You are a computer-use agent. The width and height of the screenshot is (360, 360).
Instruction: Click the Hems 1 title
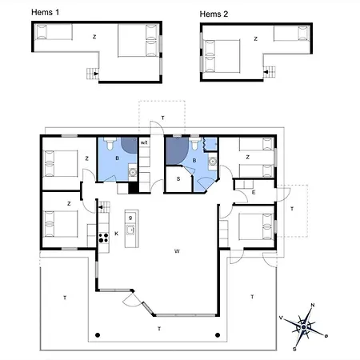tap(45, 12)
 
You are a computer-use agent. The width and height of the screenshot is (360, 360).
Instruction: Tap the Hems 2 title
tap(214, 14)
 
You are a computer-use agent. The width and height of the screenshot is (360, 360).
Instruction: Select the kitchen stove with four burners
tap(104, 238)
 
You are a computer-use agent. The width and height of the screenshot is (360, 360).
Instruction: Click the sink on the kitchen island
tap(130, 230)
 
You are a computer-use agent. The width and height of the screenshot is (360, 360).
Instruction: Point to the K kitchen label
tap(116, 234)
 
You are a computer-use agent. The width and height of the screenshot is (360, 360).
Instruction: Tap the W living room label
tap(177, 251)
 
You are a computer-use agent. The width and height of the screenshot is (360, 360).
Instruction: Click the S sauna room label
tap(178, 179)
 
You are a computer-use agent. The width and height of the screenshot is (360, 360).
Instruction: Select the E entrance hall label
tap(254, 192)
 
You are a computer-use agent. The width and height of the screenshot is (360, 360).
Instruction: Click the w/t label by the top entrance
tap(144, 142)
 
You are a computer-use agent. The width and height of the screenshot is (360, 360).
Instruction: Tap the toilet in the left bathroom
tap(110, 143)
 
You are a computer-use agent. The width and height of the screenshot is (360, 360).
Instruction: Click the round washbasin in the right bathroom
tap(213, 162)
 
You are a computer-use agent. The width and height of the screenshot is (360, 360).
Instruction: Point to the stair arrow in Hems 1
tap(96, 74)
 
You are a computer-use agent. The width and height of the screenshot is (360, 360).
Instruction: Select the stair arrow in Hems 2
tap(266, 72)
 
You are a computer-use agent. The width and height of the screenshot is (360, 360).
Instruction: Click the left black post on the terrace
tap(98, 335)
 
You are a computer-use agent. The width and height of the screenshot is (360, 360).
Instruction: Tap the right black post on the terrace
tap(218, 335)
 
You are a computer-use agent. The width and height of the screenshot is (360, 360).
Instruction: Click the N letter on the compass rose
tap(313, 306)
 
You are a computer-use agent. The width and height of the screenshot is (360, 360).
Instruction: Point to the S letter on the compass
tap(294, 349)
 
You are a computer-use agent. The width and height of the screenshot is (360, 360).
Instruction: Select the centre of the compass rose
tap(303, 327)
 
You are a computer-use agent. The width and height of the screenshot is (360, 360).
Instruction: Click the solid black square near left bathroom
tap(134, 187)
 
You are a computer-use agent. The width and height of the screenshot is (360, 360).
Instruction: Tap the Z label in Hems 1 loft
tap(94, 37)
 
